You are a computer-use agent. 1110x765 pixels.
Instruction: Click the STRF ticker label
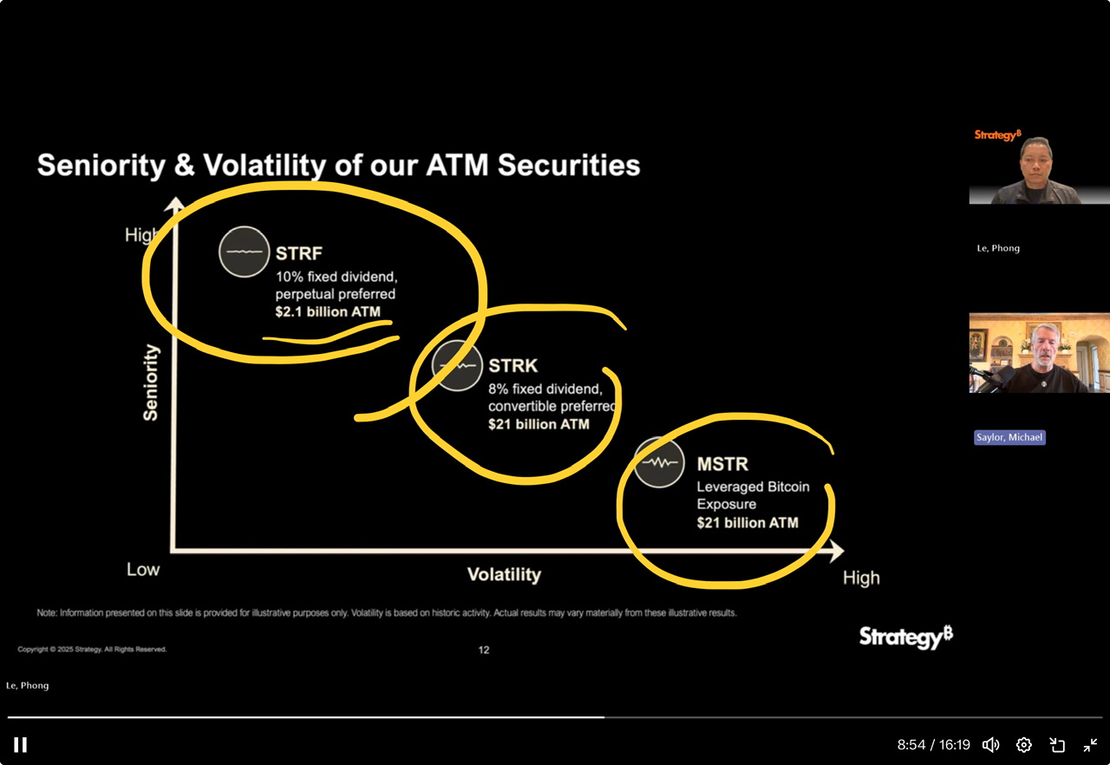(299, 253)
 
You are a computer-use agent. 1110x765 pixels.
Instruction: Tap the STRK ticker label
(513, 366)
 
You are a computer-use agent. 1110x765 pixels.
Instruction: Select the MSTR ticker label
(722, 464)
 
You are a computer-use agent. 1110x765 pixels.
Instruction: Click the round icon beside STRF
(245, 252)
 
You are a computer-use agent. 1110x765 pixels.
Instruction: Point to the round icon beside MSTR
(659, 463)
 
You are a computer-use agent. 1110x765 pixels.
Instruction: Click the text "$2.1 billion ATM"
(328, 311)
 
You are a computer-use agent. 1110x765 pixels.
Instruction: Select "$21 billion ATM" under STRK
(539, 424)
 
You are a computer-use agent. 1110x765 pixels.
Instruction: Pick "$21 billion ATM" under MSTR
(748, 523)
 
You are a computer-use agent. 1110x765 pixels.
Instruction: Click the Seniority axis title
(151, 382)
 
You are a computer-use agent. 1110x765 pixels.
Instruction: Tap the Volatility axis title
(504, 575)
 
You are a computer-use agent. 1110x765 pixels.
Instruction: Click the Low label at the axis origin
(143, 569)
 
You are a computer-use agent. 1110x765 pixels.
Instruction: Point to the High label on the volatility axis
(861, 579)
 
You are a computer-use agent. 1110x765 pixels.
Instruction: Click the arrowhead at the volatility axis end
(837, 551)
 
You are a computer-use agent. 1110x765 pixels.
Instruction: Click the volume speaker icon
(990, 745)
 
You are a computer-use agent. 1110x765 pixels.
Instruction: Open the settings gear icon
(1024, 745)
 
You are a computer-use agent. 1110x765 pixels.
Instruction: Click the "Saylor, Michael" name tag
(1009, 437)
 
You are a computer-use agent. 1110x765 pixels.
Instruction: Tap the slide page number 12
(484, 650)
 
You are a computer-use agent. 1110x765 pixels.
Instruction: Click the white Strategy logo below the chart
(906, 637)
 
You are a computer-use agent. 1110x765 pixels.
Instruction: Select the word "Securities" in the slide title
(569, 165)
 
